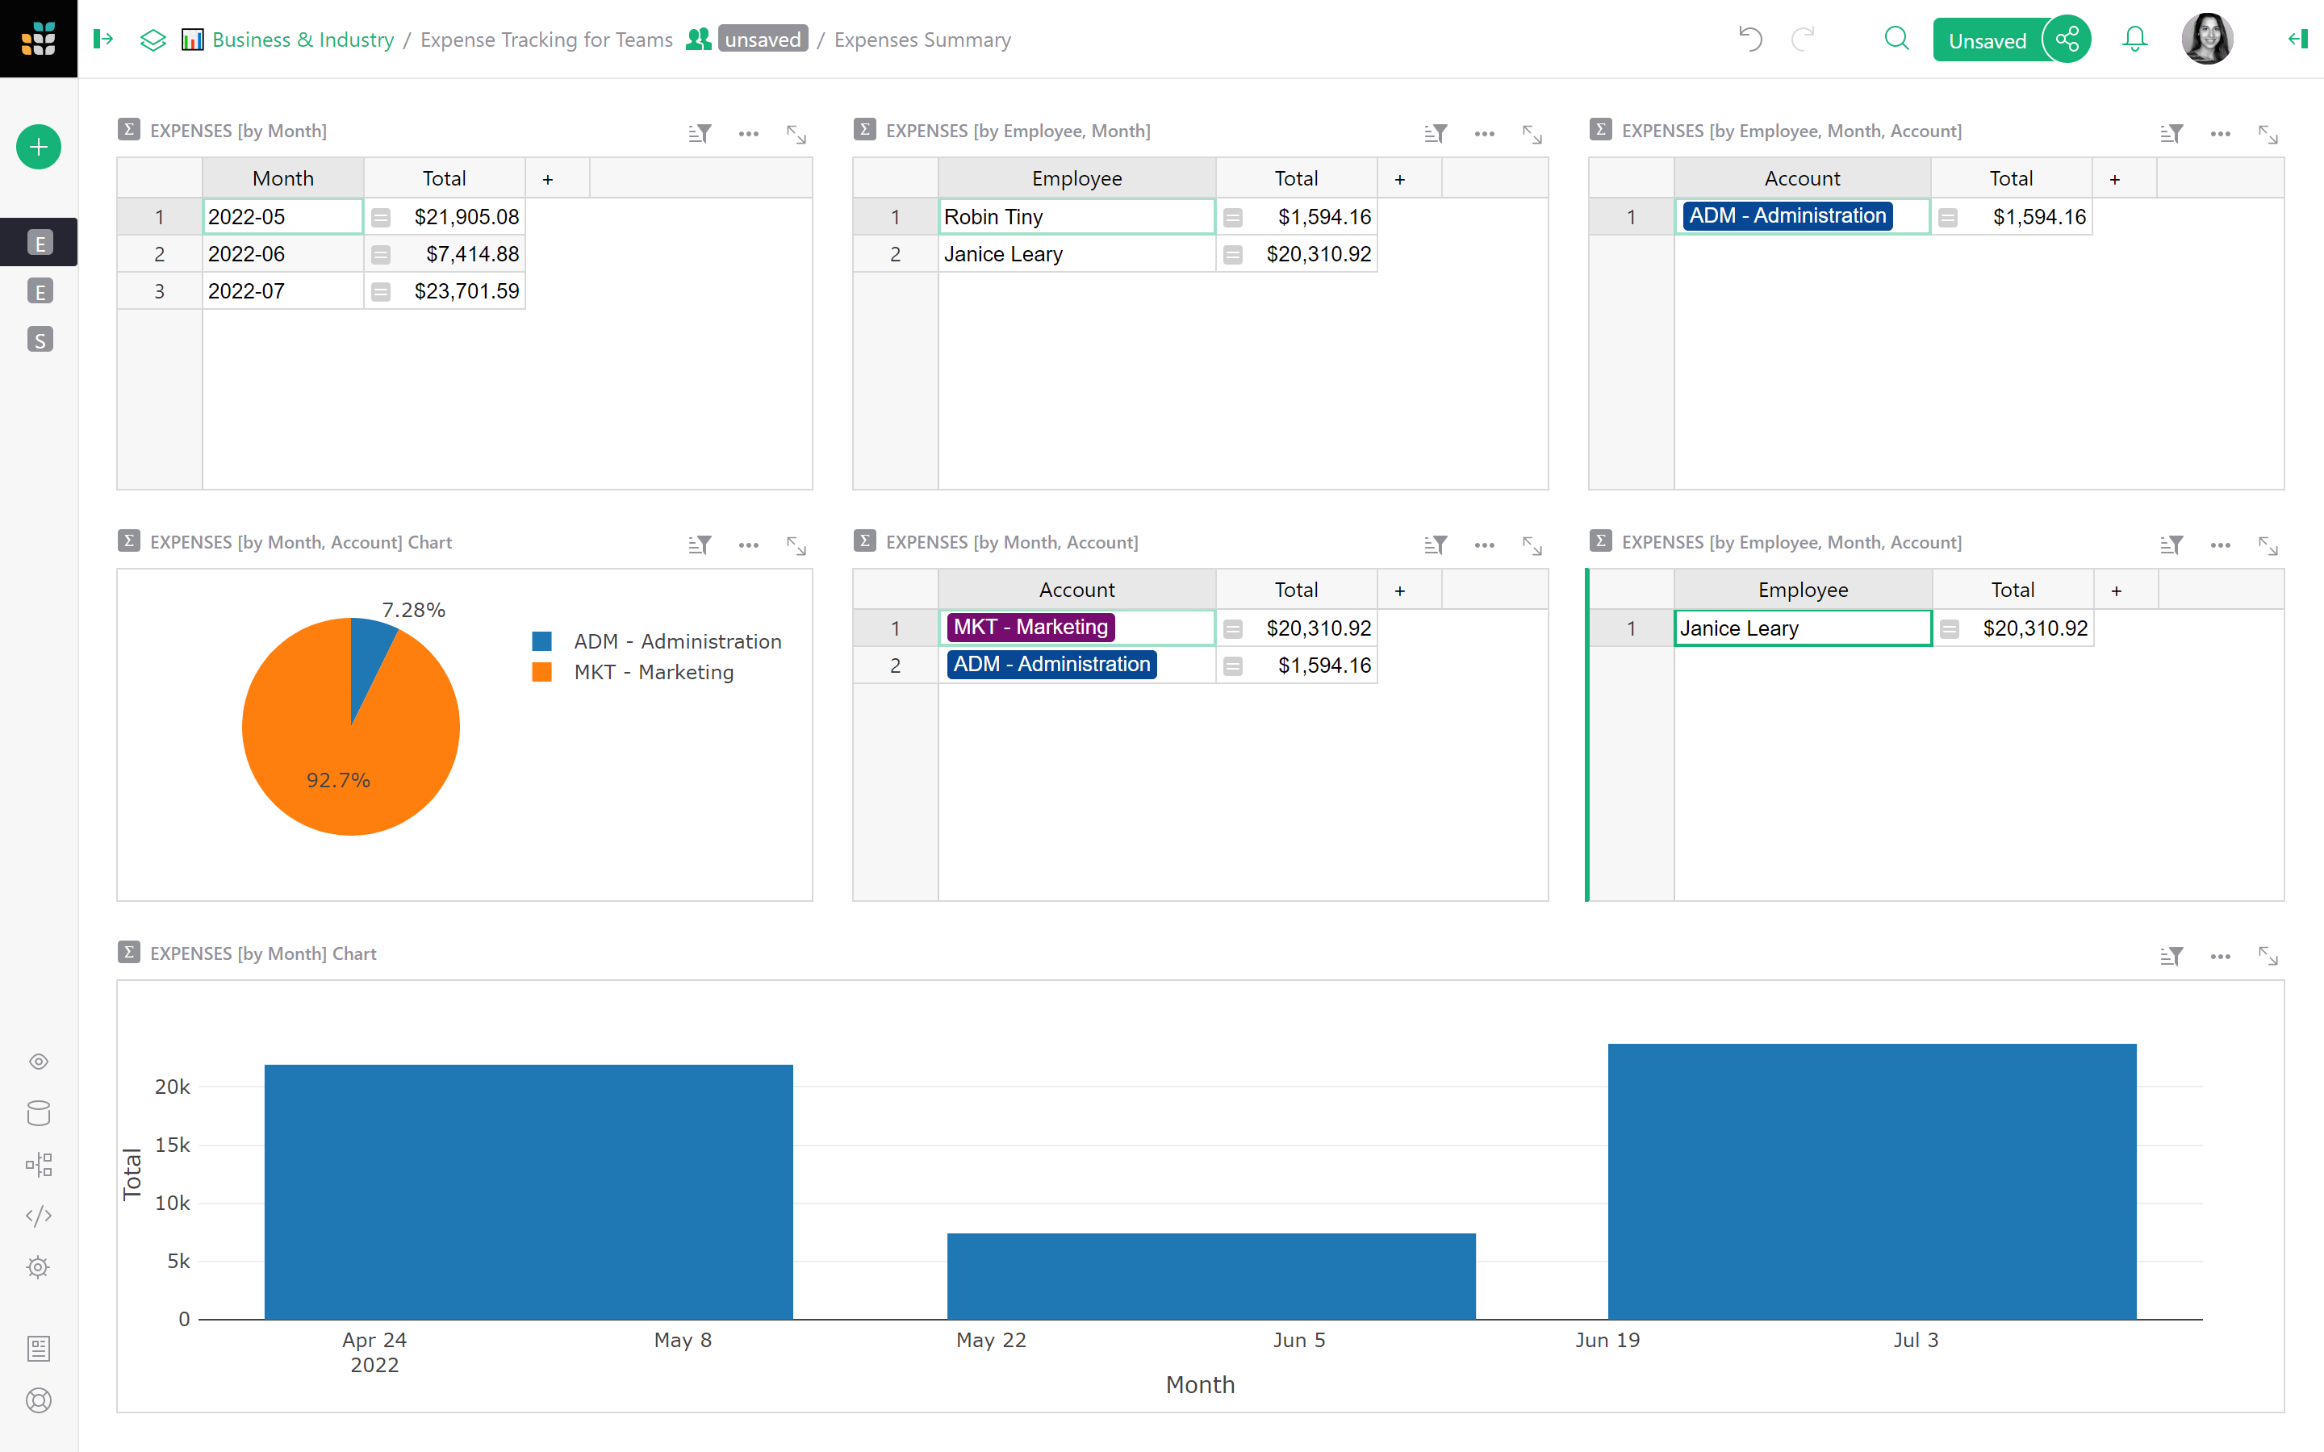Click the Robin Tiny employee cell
point(1075,217)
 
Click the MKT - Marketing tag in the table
point(1030,627)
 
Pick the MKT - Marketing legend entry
point(653,672)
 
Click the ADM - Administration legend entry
point(676,641)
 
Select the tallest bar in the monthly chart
point(1870,1181)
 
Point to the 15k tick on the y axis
point(173,1145)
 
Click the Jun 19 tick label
point(1607,1340)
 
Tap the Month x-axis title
point(1199,1385)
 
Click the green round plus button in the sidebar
point(39,147)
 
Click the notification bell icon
point(2134,40)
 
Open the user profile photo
point(2206,40)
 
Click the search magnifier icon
point(1896,40)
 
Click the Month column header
point(282,178)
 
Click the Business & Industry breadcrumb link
point(303,40)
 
